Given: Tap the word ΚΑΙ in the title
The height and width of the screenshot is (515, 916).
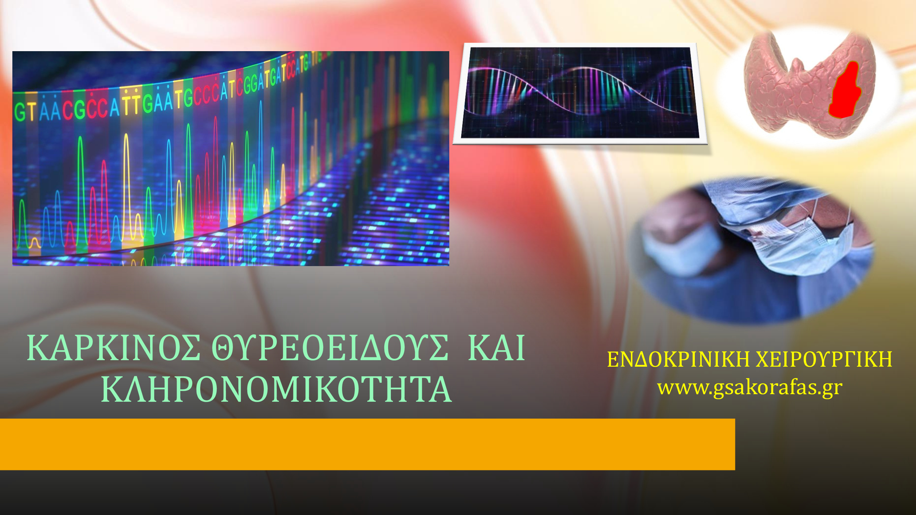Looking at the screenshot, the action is [496, 347].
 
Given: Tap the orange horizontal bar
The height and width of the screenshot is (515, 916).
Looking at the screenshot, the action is [367, 444].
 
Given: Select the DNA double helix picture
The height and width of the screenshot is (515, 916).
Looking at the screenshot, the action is [580, 93].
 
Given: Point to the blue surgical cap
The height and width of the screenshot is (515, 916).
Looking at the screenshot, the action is [765, 203].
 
